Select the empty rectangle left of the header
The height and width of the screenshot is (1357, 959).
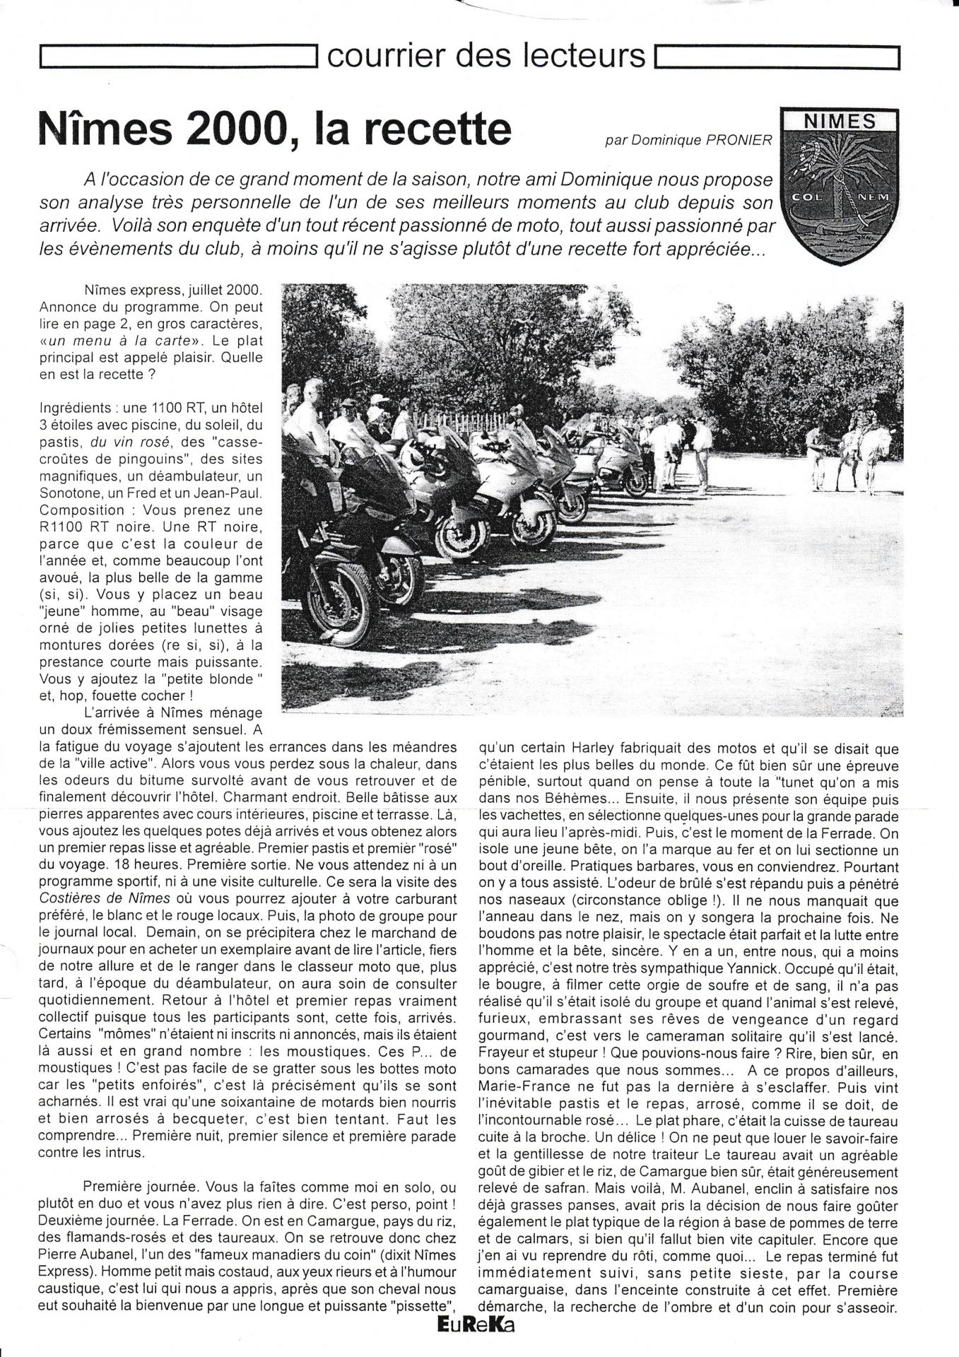177,57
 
